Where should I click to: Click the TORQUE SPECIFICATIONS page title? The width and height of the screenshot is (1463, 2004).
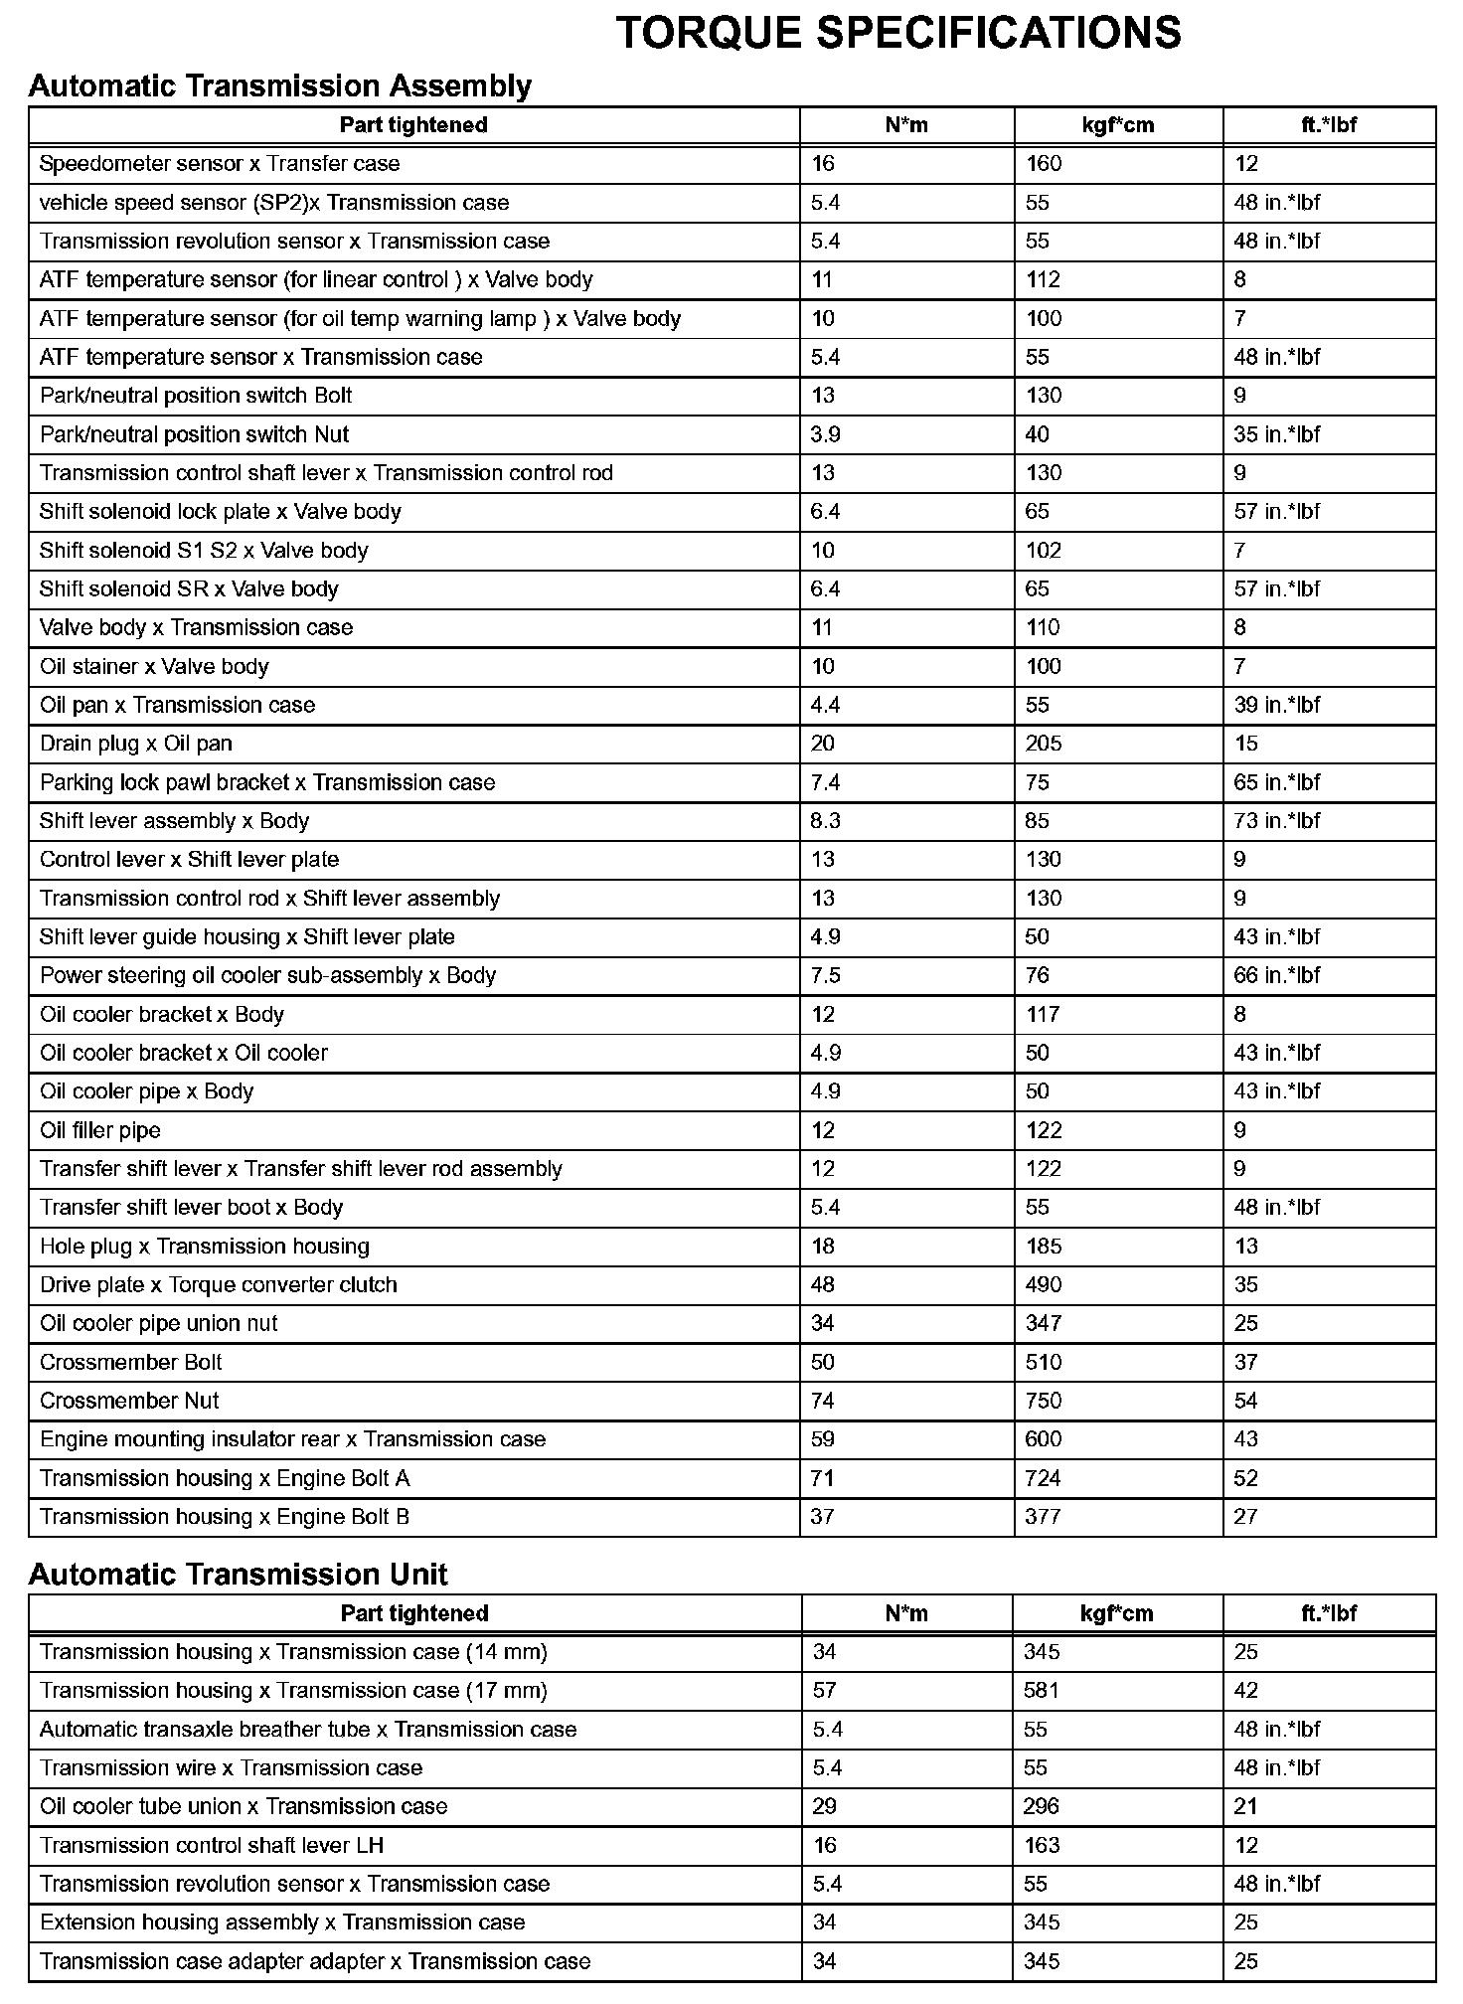898,34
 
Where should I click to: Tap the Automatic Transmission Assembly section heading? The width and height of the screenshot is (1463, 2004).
279,86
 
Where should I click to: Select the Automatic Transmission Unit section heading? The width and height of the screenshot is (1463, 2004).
238,1574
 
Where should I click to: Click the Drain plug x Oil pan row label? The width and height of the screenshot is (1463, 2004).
136,744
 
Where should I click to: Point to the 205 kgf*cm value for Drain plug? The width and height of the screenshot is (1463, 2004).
1044,744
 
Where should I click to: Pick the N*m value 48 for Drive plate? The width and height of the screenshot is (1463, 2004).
823,1284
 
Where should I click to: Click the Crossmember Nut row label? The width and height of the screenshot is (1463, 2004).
129,1401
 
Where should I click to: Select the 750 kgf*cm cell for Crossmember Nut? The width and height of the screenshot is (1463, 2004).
1044,1401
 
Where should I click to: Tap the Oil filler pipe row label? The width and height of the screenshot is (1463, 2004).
100,1130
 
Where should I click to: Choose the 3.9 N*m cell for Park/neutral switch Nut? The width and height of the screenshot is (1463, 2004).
825,434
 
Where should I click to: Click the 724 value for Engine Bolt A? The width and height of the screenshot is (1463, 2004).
1043,1478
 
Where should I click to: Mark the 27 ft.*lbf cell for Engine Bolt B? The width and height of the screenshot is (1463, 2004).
1245,1517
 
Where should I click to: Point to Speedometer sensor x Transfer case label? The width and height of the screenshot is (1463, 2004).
220,164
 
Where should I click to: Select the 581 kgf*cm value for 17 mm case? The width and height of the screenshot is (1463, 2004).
1042,1690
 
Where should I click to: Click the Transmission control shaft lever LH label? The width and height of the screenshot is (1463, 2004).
212,1845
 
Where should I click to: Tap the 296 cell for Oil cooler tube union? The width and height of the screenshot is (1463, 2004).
1042,1806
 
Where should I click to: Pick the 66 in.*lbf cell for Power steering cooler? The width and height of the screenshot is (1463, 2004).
1276,975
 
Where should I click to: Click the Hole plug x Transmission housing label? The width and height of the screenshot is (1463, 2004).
205,1247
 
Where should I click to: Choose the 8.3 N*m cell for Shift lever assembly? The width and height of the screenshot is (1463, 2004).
825,821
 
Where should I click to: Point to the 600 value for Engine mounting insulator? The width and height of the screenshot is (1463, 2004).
1044,1439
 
